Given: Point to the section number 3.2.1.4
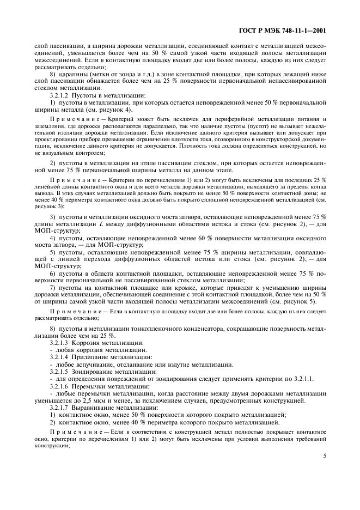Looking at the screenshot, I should (x=60, y=357).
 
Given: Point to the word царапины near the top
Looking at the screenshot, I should (x=71, y=74).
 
